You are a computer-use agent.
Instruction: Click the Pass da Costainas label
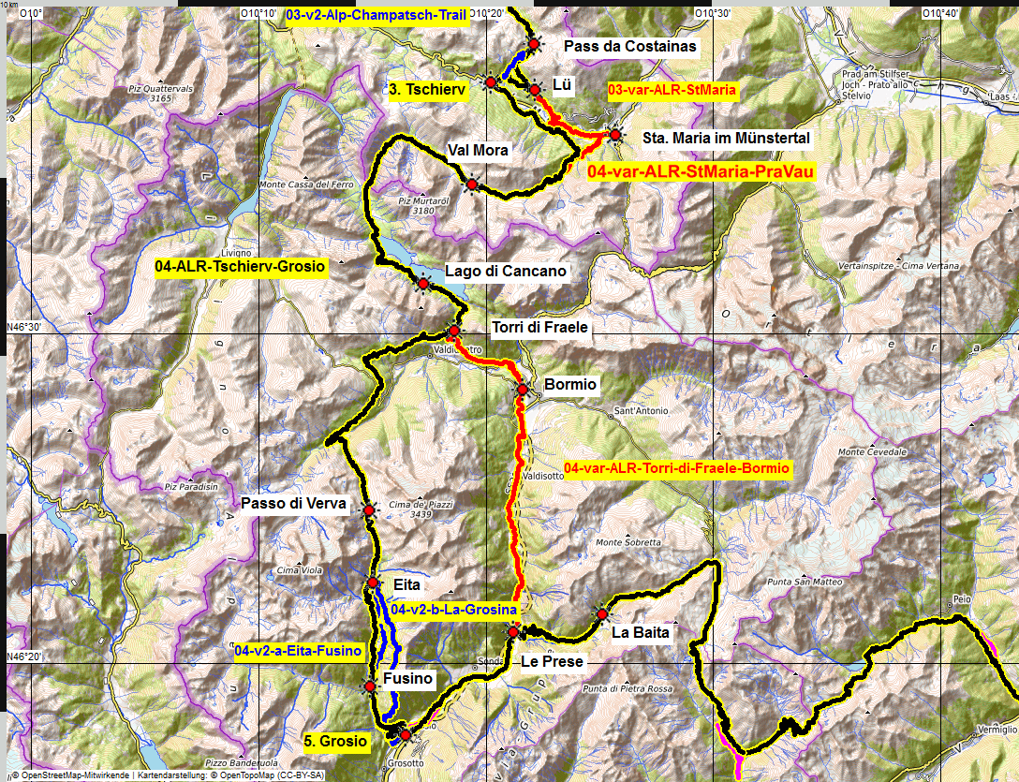tap(631, 45)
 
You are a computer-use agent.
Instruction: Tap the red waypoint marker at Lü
tap(534, 90)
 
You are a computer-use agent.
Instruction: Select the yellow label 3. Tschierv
tap(421, 89)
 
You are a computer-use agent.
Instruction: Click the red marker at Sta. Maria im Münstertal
tap(614, 135)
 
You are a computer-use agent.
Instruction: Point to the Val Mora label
tap(478, 150)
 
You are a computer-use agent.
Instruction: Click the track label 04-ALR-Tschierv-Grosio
tap(241, 267)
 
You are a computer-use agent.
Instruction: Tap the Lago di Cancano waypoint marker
tap(423, 284)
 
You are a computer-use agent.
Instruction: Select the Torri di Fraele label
tap(539, 328)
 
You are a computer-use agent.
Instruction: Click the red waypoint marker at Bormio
tap(523, 389)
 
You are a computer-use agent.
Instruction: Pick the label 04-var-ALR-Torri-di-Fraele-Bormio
tap(678, 467)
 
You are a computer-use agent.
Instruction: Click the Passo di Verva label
tap(293, 504)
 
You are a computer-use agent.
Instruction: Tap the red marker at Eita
tap(372, 583)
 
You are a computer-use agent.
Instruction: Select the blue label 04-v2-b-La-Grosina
tap(454, 611)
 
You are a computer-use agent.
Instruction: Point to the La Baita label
tap(641, 633)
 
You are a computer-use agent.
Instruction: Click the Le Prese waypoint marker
tap(513, 634)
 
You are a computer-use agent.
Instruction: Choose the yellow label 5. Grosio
tap(335, 741)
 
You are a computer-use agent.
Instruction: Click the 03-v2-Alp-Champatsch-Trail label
tap(376, 15)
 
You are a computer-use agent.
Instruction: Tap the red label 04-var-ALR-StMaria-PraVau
tap(701, 171)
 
